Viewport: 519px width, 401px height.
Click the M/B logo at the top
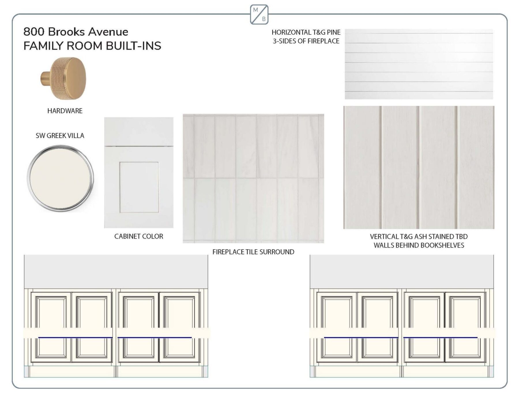[259, 14]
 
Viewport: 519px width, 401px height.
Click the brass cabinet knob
[63, 78]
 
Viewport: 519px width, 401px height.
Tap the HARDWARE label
[65, 111]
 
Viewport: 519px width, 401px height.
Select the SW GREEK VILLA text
[60, 136]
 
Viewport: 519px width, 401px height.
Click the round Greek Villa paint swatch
[60, 178]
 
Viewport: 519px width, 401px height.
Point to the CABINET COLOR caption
[139, 236]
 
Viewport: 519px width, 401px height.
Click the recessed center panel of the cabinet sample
[139, 187]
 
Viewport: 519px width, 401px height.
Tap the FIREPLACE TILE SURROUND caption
[253, 252]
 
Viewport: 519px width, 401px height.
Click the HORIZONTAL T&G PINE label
[306, 32]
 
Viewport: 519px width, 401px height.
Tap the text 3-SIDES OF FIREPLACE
[306, 41]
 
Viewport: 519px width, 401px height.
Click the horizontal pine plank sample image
[419, 64]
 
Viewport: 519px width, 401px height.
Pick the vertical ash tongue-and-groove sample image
[419, 167]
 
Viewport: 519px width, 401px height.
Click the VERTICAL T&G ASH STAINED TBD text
[419, 237]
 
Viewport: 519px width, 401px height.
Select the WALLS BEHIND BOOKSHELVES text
[419, 245]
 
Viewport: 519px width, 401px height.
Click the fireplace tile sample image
[253, 178]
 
